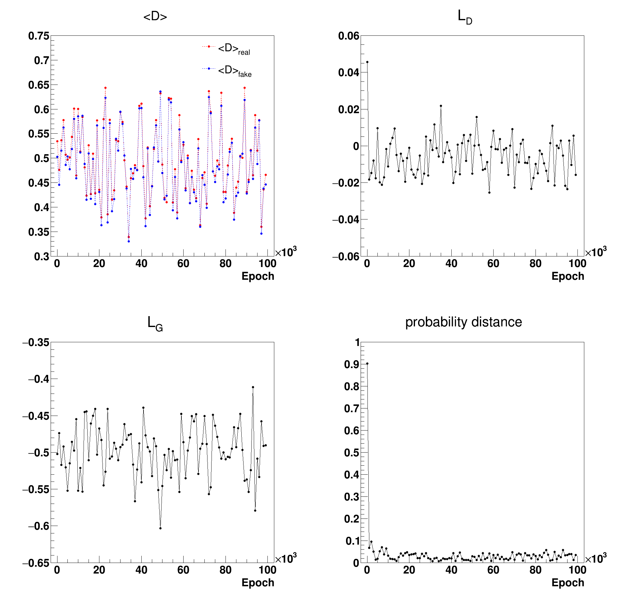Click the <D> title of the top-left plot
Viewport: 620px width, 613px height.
tap(155, 16)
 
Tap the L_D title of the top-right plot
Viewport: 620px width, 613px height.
tap(464, 17)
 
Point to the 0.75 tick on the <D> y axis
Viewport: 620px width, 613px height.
tap(39, 36)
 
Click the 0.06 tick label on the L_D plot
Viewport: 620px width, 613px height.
tap(349, 36)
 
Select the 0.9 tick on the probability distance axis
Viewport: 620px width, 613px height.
tap(351, 364)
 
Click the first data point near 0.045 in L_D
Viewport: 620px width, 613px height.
tap(367, 62)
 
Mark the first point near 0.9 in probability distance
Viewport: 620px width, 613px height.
tap(367, 363)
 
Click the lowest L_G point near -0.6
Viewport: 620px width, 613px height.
tap(160, 528)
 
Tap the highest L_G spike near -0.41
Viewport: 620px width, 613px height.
tap(253, 387)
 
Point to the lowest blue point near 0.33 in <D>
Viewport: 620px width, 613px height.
tap(129, 241)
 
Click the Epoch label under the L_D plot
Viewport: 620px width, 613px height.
tap(568, 276)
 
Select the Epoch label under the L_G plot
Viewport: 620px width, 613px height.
tap(258, 583)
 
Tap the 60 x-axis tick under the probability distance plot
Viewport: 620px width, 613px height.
tap(493, 570)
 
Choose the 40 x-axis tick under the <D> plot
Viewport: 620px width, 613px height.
tap(141, 264)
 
